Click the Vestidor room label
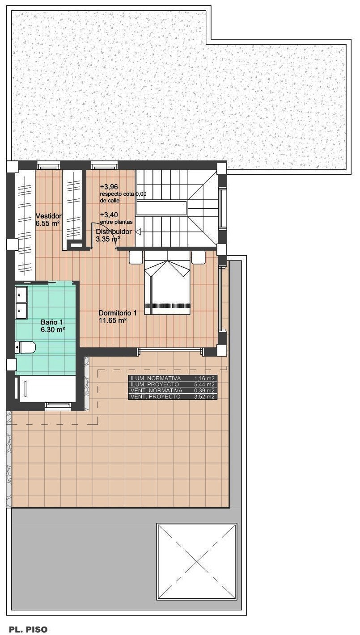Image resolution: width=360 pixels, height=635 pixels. pyautogui.click(x=48, y=216)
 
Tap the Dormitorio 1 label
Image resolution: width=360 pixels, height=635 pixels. pyautogui.click(x=118, y=313)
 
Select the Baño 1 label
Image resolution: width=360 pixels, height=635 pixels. pyautogui.click(x=52, y=322)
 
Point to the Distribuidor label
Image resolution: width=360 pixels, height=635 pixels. pyautogui.click(x=114, y=231)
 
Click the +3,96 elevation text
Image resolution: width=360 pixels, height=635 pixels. pyautogui.click(x=109, y=187)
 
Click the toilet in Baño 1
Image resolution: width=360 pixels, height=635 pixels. pyautogui.click(x=25, y=347)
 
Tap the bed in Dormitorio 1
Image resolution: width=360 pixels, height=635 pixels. pyautogui.click(x=167, y=282)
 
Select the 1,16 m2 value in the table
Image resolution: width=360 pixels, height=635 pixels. pyautogui.click(x=204, y=378)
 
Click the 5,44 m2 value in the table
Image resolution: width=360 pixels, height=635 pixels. pyautogui.click(x=204, y=384)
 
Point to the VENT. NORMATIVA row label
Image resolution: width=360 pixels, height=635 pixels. pyautogui.click(x=156, y=391)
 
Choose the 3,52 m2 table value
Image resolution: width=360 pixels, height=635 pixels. pyautogui.click(x=204, y=396)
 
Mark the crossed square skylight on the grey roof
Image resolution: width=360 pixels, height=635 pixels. pyautogui.click(x=197, y=562)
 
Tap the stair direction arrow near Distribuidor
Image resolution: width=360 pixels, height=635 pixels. pyautogui.click(x=138, y=232)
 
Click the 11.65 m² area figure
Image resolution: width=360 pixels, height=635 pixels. pyautogui.click(x=112, y=320)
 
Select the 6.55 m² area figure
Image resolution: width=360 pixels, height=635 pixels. pyautogui.click(x=47, y=223)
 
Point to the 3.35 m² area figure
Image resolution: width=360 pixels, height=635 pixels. pyautogui.click(x=107, y=239)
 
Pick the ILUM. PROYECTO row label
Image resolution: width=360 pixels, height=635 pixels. pyautogui.click(x=155, y=384)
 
